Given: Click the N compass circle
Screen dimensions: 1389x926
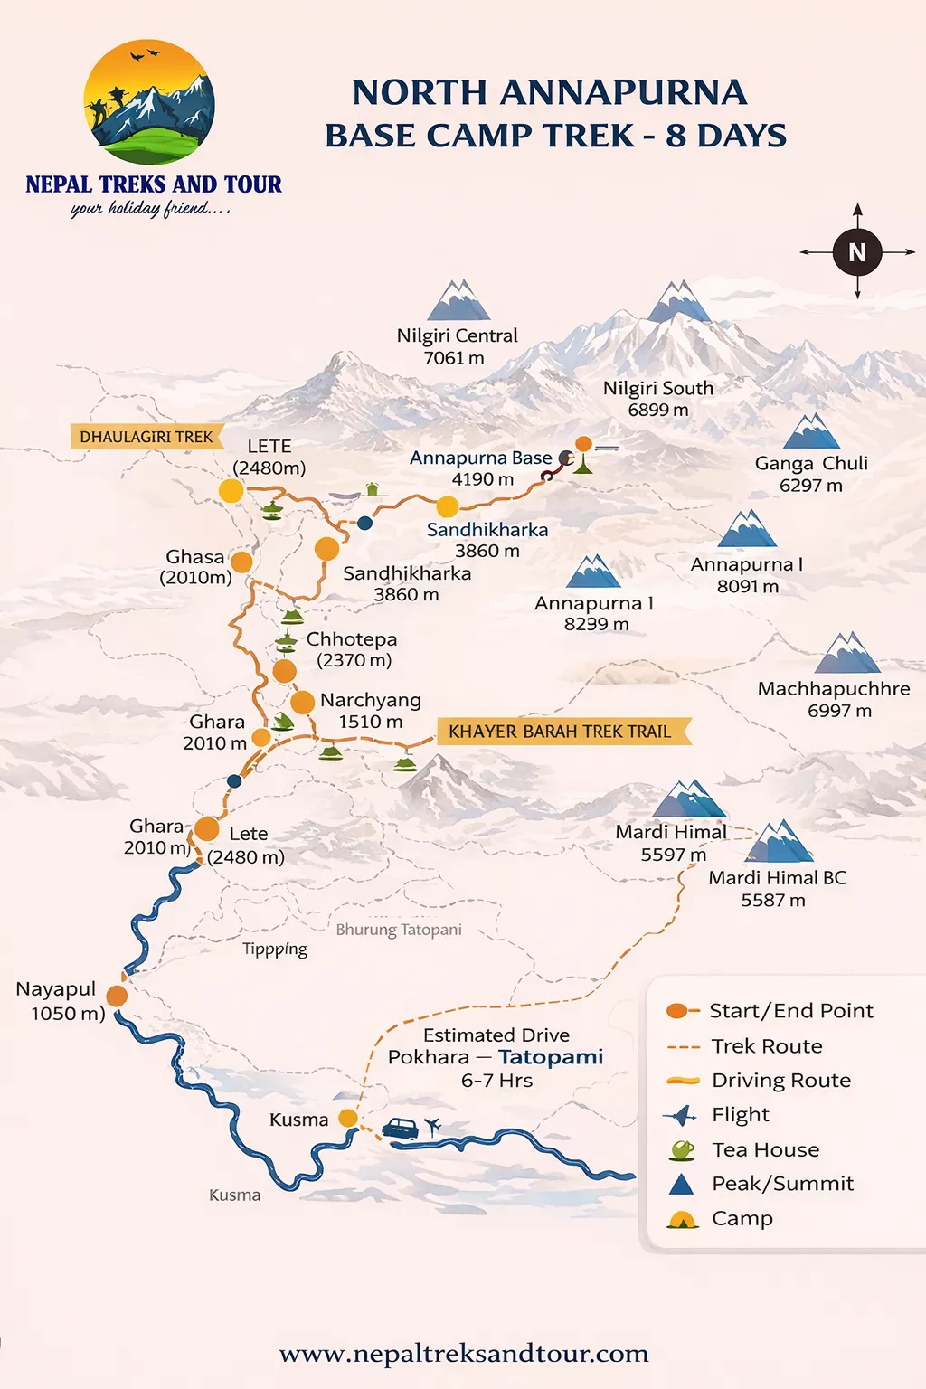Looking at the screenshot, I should coord(857,252).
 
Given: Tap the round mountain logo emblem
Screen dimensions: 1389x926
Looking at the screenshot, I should coord(149,101).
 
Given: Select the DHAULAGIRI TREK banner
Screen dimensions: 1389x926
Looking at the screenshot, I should coord(146,437).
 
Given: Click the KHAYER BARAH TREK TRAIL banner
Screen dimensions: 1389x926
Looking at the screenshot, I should coord(561,731).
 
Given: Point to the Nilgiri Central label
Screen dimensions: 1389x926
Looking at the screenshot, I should coord(457,346).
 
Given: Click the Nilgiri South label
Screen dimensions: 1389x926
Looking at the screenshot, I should coord(658,398).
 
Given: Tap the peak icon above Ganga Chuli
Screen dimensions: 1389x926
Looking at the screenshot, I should coord(811,432).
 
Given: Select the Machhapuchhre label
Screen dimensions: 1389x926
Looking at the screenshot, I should coord(834,699).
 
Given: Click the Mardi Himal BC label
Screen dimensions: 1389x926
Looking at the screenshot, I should coord(777,888).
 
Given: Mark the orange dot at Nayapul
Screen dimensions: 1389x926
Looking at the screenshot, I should coord(117,996).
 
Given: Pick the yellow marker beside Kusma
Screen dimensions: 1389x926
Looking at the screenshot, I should coord(348,1118).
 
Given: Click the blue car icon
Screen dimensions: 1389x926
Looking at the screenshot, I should coord(401,1129).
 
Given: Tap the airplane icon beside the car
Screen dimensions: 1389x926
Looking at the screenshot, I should coord(432,1126).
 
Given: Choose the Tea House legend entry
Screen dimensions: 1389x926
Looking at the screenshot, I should coord(765,1149).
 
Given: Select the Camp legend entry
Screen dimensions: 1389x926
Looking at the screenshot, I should coord(742,1218).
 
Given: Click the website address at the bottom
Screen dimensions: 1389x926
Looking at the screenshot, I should coord(464,1353).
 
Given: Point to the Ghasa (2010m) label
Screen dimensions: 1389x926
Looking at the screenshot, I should coord(195,567).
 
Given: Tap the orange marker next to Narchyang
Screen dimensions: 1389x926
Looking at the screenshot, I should coord(302,702).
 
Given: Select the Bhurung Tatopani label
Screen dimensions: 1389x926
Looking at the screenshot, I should coord(399,930).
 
